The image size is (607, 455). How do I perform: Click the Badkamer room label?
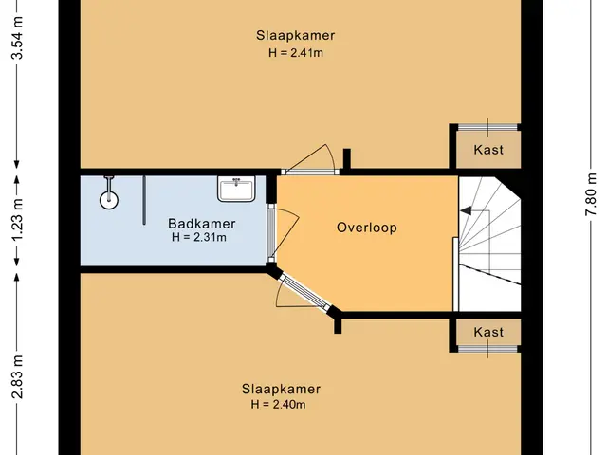[201, 224]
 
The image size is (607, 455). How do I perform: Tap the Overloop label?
[367, 227]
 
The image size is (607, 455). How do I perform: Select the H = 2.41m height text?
[296, 53]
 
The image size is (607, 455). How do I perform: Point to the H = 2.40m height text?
[278, 405]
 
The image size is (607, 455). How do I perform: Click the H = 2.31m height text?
[199, 237]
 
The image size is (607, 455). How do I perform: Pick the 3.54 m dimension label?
[17, 37]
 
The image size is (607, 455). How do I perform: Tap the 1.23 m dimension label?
[17, 219]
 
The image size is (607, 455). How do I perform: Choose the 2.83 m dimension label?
[17, 377]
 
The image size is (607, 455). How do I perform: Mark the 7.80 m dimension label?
[591, 194]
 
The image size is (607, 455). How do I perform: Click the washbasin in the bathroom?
[236, 189]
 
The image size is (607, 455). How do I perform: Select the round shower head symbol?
[109, 200]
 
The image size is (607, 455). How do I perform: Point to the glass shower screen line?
[144, 200]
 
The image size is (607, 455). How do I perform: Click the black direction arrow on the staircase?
[466, 210]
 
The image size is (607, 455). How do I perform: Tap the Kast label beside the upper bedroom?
[488, 150]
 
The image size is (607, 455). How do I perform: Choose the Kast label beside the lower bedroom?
[488, 332]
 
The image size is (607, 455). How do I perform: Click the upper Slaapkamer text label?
[295, 36]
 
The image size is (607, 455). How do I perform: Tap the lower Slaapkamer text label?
[281, 389]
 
